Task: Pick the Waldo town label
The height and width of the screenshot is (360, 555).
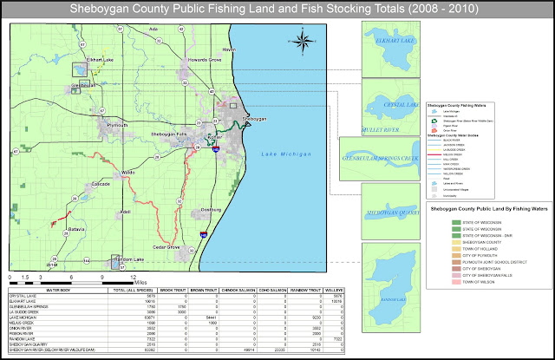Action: click(128, 173)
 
